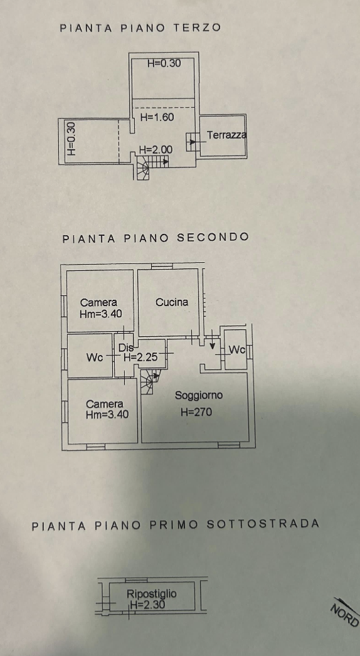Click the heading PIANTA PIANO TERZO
140,28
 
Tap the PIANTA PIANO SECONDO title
156,238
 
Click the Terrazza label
226,135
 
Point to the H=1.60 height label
157,117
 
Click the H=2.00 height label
156,149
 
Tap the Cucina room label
172,302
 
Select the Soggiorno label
199,395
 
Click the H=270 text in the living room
196,412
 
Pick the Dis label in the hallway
126,347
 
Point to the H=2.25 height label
140,357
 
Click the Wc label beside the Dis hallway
95,357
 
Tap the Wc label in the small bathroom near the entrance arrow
237,350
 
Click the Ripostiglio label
152,594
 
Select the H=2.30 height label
147,604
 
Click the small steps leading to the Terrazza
192,142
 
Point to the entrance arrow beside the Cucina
212,340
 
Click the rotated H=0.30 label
71,139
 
